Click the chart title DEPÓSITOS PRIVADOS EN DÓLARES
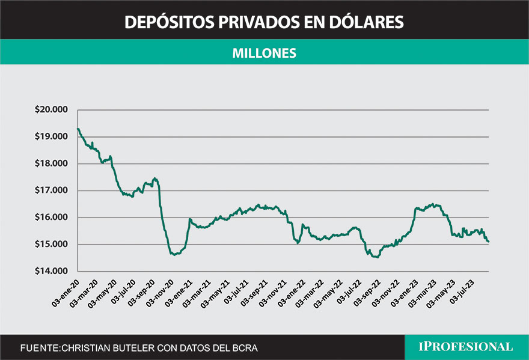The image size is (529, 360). (x=264, y=22)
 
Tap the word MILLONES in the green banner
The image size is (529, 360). (x=264, y=53)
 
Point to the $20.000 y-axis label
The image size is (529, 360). (x=52, y=110)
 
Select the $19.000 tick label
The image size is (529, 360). (x=52, y=136)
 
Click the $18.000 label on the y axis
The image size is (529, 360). (x=52, y=163)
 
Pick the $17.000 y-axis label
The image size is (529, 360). (x=52, y=191)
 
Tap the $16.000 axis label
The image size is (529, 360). (x=52, y=218)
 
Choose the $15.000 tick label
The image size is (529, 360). (x=52, y=245)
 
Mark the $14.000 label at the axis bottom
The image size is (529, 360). (x=52, y=272)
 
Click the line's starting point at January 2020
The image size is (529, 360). (x=78, y=128)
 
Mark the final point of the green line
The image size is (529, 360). (x=489, y=242)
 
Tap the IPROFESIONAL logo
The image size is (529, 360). (x=466, y=347)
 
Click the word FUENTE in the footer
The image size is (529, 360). (x=40, y=348)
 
